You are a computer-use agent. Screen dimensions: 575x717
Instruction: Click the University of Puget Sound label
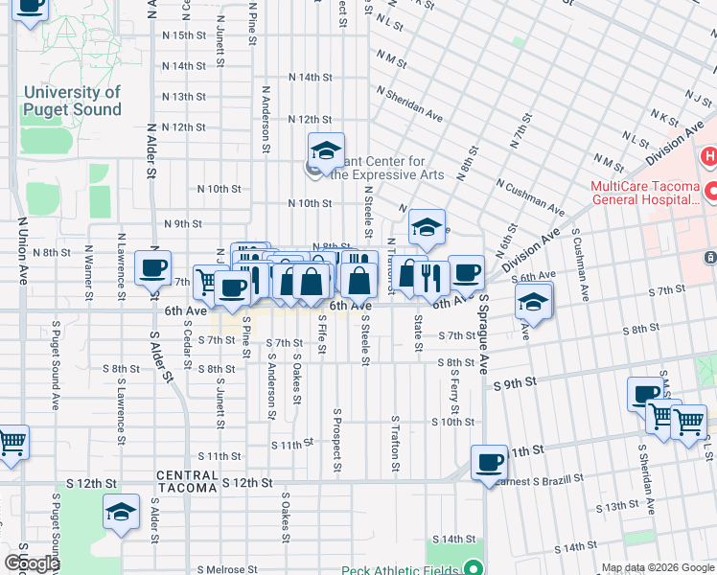point(73,101)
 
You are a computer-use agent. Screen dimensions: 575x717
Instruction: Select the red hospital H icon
point(710,156)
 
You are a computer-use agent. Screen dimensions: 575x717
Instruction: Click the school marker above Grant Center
point(326,150)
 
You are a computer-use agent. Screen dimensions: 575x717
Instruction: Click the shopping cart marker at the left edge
point(11,443)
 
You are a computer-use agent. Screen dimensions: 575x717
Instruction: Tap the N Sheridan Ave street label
point(409,103)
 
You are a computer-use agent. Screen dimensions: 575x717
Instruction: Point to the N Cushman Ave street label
point(530,195)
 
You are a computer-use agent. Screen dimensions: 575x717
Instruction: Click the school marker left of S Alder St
point(122,513)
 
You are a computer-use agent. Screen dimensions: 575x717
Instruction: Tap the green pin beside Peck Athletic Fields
point(473,568)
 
